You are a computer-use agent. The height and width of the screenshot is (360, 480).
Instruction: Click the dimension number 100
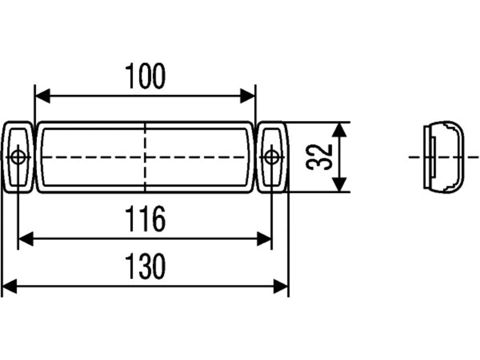coord(145,76)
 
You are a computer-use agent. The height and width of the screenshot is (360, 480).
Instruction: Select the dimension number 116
coord(145,219)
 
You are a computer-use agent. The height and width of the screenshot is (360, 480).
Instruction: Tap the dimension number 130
coord(145,266)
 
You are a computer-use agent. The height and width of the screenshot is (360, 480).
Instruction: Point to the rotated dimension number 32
coord(319,157)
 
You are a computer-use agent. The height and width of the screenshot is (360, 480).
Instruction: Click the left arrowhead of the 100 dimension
coord(43,96)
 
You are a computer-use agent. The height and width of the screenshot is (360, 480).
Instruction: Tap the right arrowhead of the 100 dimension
coord(247,96)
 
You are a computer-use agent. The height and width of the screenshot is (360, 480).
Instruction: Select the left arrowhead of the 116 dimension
coord(26,239)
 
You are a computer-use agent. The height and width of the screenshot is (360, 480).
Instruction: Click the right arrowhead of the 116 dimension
coord(264,239)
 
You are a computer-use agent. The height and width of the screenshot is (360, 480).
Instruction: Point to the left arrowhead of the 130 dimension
coord(9,286)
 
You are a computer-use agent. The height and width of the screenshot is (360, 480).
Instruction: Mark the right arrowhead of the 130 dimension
coord(281,286)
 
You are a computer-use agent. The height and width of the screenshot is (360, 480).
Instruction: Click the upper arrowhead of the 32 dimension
coord(339,130)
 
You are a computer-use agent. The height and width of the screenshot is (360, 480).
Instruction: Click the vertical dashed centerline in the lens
coord(145,157)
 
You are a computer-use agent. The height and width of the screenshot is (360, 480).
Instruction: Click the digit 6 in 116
coord(159,219)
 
